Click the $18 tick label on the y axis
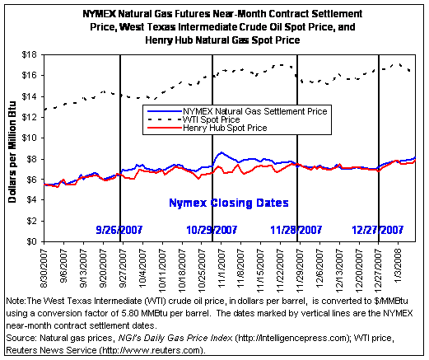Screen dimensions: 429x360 [30, 55]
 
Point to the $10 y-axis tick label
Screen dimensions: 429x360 [30, 138]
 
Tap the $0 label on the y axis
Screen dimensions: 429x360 [31, 241]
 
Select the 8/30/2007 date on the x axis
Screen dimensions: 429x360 [44, 269]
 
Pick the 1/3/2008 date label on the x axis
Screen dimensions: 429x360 [399, 264]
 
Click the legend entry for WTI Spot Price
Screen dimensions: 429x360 [194, 119]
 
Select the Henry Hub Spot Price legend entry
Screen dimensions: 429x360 [208, 128]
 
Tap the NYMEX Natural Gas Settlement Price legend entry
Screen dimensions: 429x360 [237, 111]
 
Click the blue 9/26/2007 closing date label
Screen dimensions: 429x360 [119, 230]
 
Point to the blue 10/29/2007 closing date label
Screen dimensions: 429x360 [212, 230]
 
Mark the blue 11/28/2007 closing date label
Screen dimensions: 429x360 [296, 230]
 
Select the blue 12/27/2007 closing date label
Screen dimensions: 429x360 [378, 230]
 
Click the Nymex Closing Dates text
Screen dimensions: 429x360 [229, 203]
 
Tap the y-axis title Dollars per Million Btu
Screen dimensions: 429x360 [12, 152]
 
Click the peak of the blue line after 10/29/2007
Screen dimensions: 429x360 [221, 152]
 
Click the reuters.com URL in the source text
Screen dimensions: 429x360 [152, 350]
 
